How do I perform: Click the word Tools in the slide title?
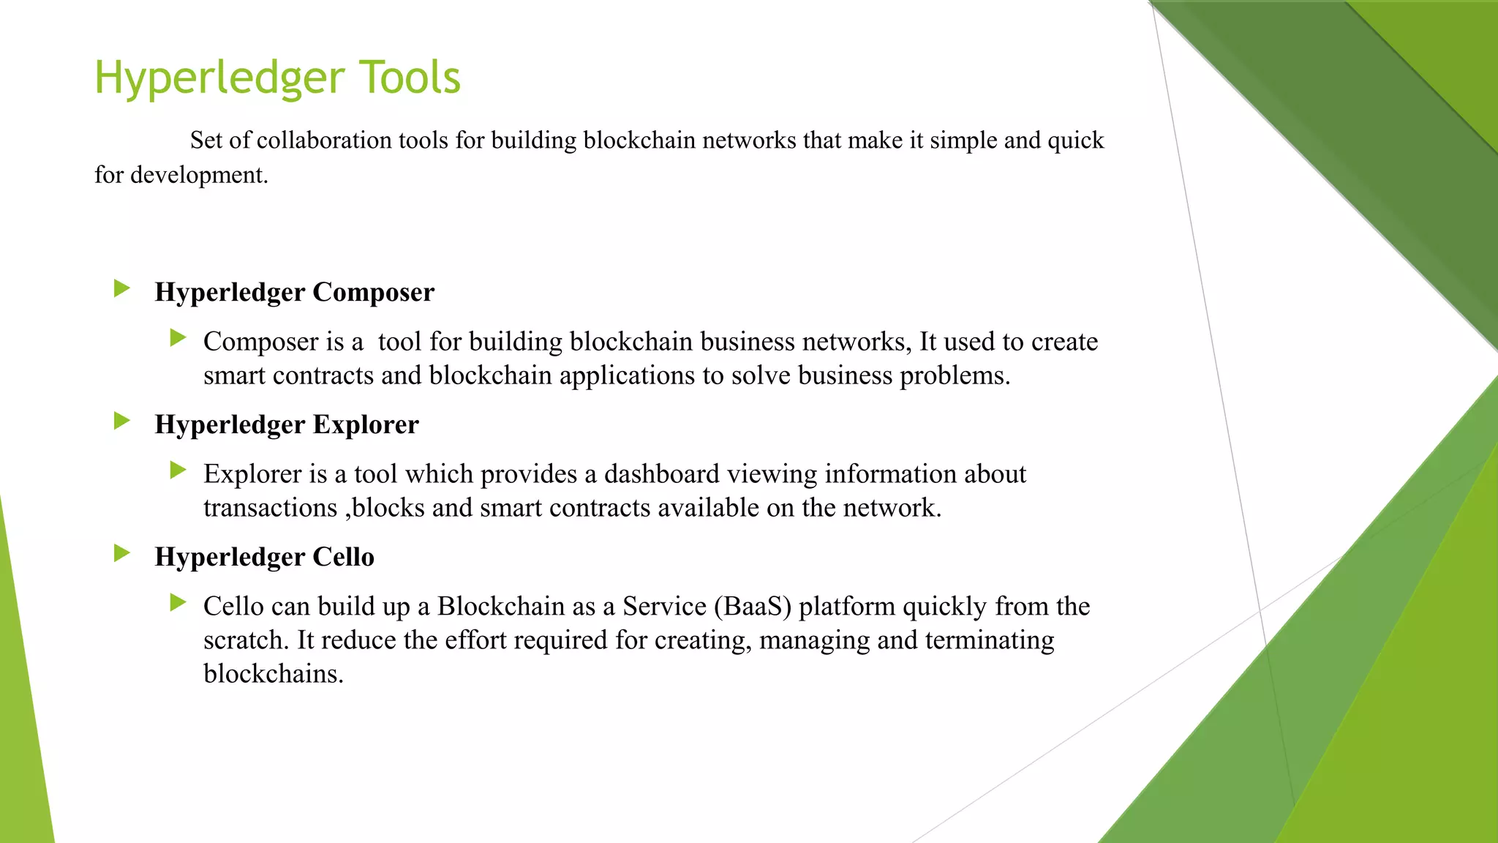tap(410, 78)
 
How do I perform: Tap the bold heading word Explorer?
tap(366, 424)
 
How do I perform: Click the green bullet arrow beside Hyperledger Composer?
tap(122, 289)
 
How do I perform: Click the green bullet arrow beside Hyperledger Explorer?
tap(122, 421)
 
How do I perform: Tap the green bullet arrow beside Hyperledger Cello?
tap(122, 554)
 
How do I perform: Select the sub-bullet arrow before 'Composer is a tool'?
tap(178, 338)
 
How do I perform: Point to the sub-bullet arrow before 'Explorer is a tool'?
tap(178, 471)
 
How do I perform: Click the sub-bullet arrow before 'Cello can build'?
tap(178, 603)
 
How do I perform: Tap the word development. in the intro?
tap(199, 175)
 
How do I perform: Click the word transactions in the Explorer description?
tap(270, 508)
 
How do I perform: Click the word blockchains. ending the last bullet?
tap(274, 674)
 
